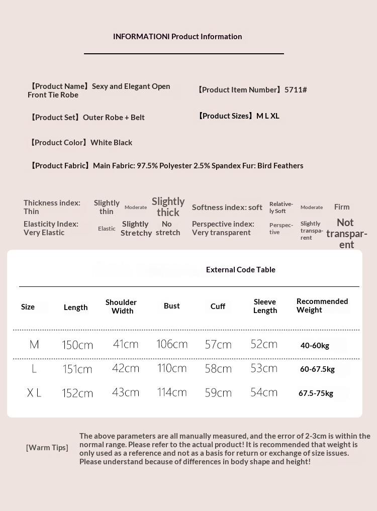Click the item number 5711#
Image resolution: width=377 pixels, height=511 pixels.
(296, 90)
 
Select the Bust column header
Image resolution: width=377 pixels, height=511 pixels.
(171, 306)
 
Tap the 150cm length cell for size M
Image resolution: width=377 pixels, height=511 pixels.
(77, 345)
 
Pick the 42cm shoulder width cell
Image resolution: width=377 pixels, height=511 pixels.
(126, 368)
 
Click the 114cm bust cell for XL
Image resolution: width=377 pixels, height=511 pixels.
(172, 392)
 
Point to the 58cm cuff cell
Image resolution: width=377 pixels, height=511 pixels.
(218, 369)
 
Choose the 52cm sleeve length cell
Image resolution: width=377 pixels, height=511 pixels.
(264, 344)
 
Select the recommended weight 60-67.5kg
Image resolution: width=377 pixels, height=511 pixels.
(317, 369)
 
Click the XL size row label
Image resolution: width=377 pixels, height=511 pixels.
(34, 393)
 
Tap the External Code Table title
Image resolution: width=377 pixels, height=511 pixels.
(241, 270)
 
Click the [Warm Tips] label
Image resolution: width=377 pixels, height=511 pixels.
(47, 448)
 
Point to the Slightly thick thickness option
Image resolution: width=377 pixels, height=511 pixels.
(168, 207)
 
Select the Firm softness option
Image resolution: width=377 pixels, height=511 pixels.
(342, 207)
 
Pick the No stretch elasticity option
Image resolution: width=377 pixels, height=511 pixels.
(168, 229)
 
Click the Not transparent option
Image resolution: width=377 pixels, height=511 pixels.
(346, 234)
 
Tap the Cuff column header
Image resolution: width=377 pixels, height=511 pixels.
(218, 306)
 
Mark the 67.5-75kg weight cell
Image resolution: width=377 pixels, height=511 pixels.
(316, 393)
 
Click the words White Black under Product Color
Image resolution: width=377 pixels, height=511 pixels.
(111, 143)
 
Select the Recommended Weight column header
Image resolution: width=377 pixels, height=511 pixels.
(322, 305)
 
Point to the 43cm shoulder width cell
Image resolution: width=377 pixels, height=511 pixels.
(126, 392)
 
